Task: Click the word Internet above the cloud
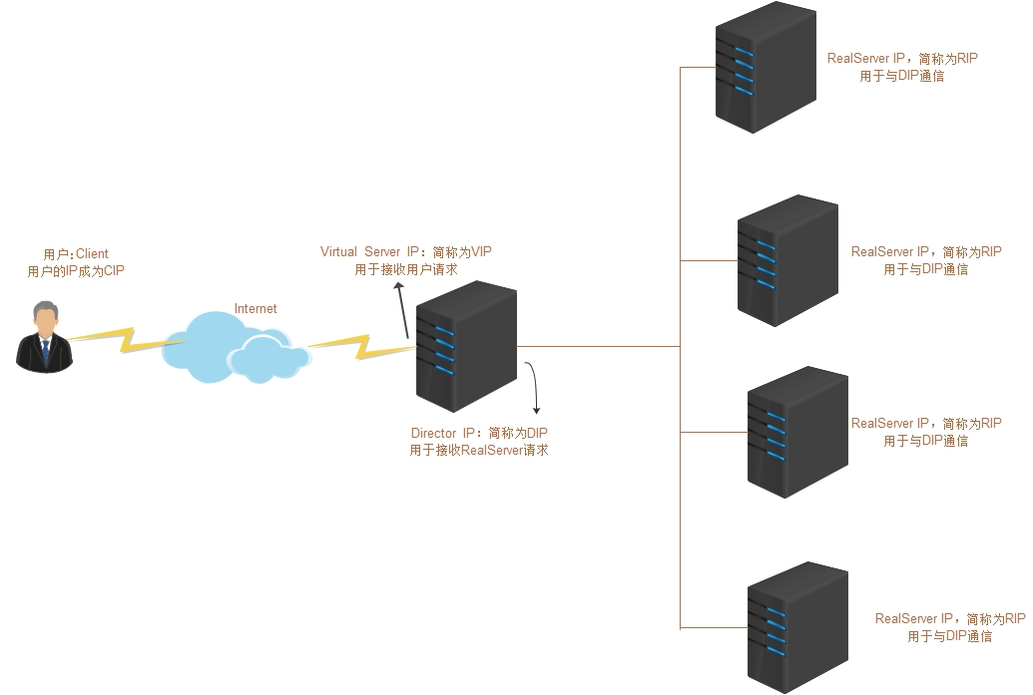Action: click(x=256, y=309)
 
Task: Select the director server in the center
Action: click(x=466, y=346)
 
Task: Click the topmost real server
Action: click(x=766, y=67)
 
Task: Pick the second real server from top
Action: click(x=787, y=260)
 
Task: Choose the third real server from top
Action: click(x=797, y=432)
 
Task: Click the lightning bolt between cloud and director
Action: click(x=359, y=347)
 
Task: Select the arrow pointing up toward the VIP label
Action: click(x=401, y=309)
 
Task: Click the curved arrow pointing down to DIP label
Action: click(x=536, y=388)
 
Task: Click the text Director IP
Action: click(x=443, y=434)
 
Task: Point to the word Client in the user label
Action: click(x=92, y=254)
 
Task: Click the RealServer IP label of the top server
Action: click(x=866, y=59)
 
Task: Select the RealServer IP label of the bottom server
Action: click(x=914, y=619)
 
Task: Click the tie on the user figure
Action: click(x=44, y=350)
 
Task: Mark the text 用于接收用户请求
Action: click(x=406, y=269)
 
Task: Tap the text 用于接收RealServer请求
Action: click(x=479, y=451)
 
